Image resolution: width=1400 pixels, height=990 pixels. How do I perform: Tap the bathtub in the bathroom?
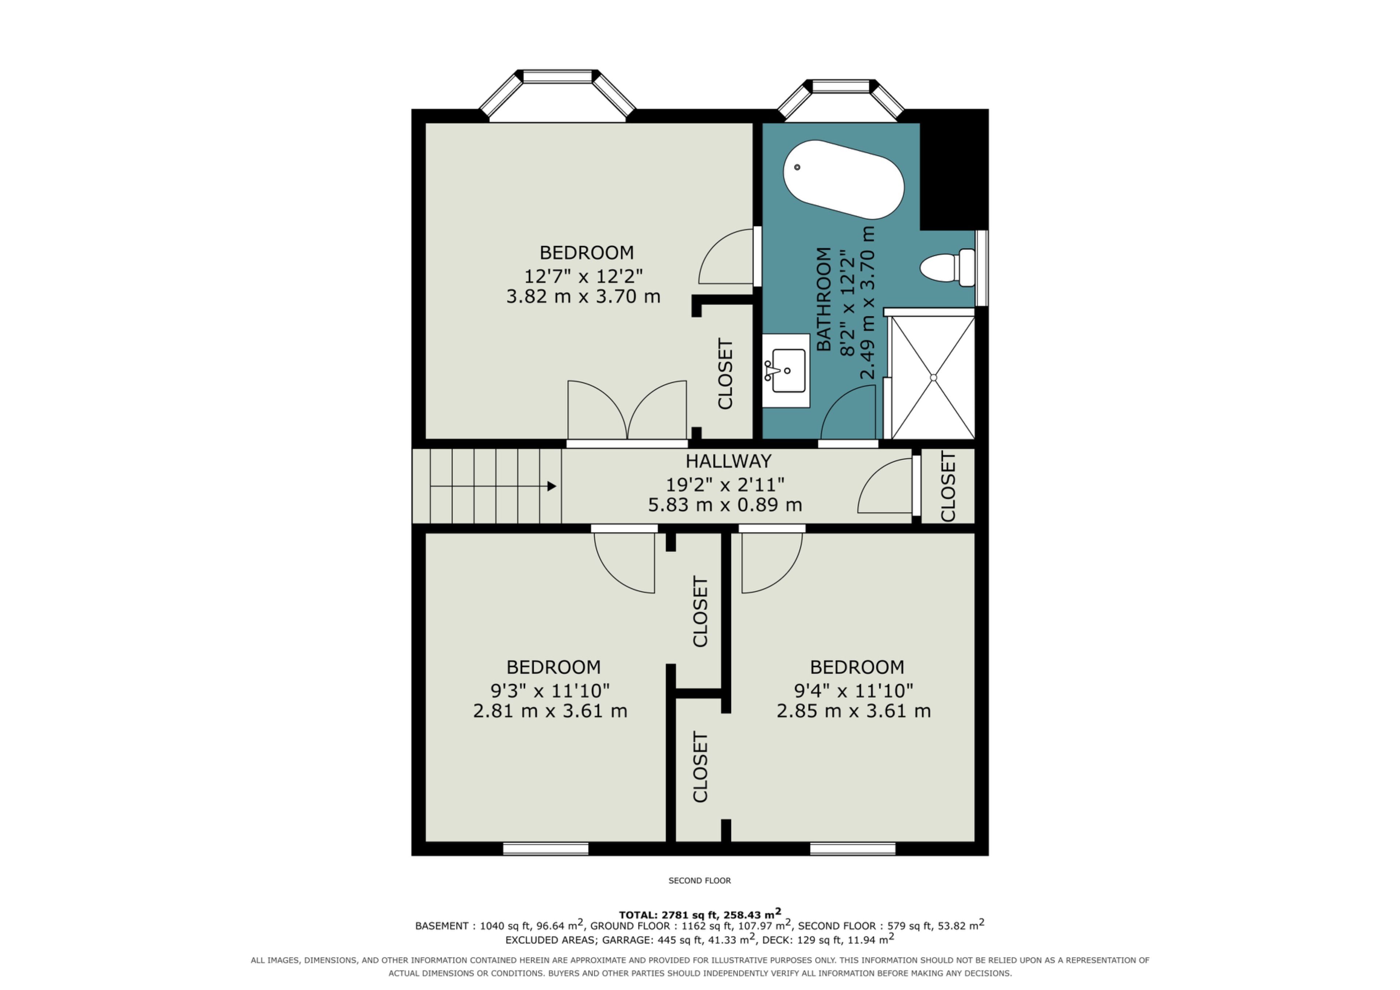point(843,179)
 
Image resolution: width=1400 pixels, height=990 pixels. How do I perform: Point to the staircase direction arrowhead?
point(552,486)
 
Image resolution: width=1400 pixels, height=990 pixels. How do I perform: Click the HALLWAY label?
point(729,461)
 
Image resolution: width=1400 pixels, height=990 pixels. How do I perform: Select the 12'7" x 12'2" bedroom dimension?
point(584,276)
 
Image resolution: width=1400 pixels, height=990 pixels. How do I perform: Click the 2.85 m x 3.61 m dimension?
point(853,711)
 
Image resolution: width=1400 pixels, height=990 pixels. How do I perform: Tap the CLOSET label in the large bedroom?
point(725,374)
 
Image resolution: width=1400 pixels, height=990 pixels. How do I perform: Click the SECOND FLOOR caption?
point(699,880)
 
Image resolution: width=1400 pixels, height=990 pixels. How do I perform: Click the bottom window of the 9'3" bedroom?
point(546,849)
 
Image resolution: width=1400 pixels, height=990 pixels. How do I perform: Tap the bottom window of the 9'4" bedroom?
point(852,849)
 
